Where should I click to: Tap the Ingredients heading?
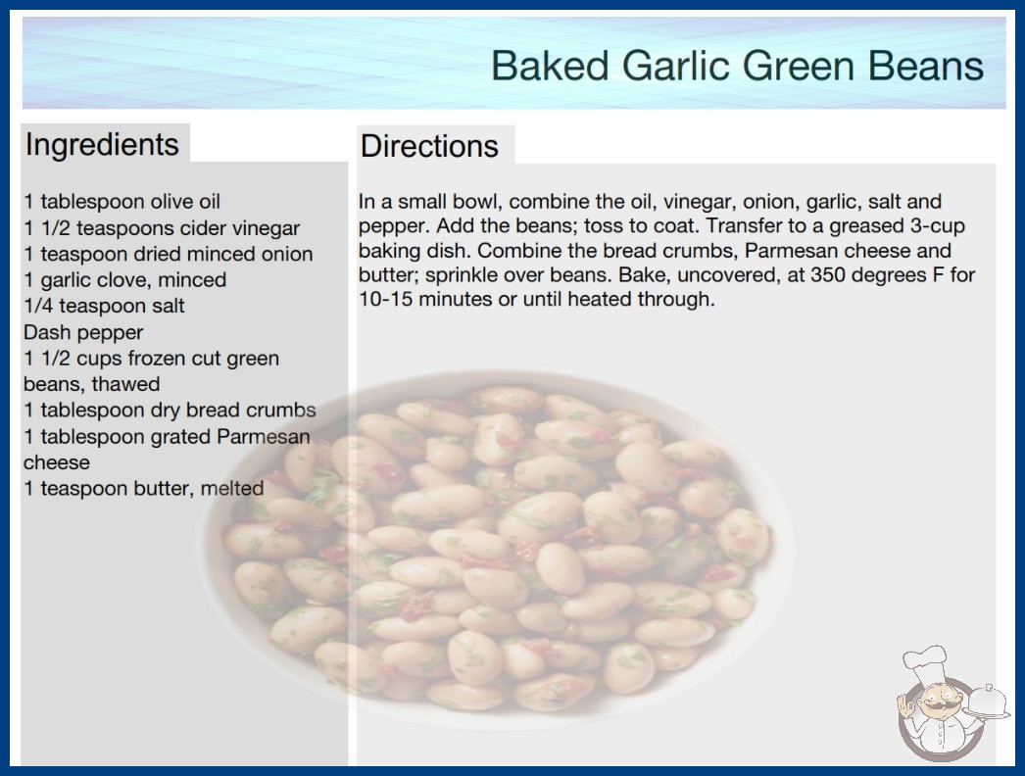coord(102,145)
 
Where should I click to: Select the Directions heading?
coord(429,146)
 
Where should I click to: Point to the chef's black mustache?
coord(936,705)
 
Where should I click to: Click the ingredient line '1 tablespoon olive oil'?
coord(122,202)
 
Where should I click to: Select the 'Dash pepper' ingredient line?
coord(83,332)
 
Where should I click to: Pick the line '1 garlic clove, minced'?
coord(124,280)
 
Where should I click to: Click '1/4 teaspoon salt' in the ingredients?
coord(105,306)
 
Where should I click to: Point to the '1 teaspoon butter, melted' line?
coord(144,488)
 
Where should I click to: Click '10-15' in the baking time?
coord(386,300)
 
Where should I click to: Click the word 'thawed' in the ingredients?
coord(125,384)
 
